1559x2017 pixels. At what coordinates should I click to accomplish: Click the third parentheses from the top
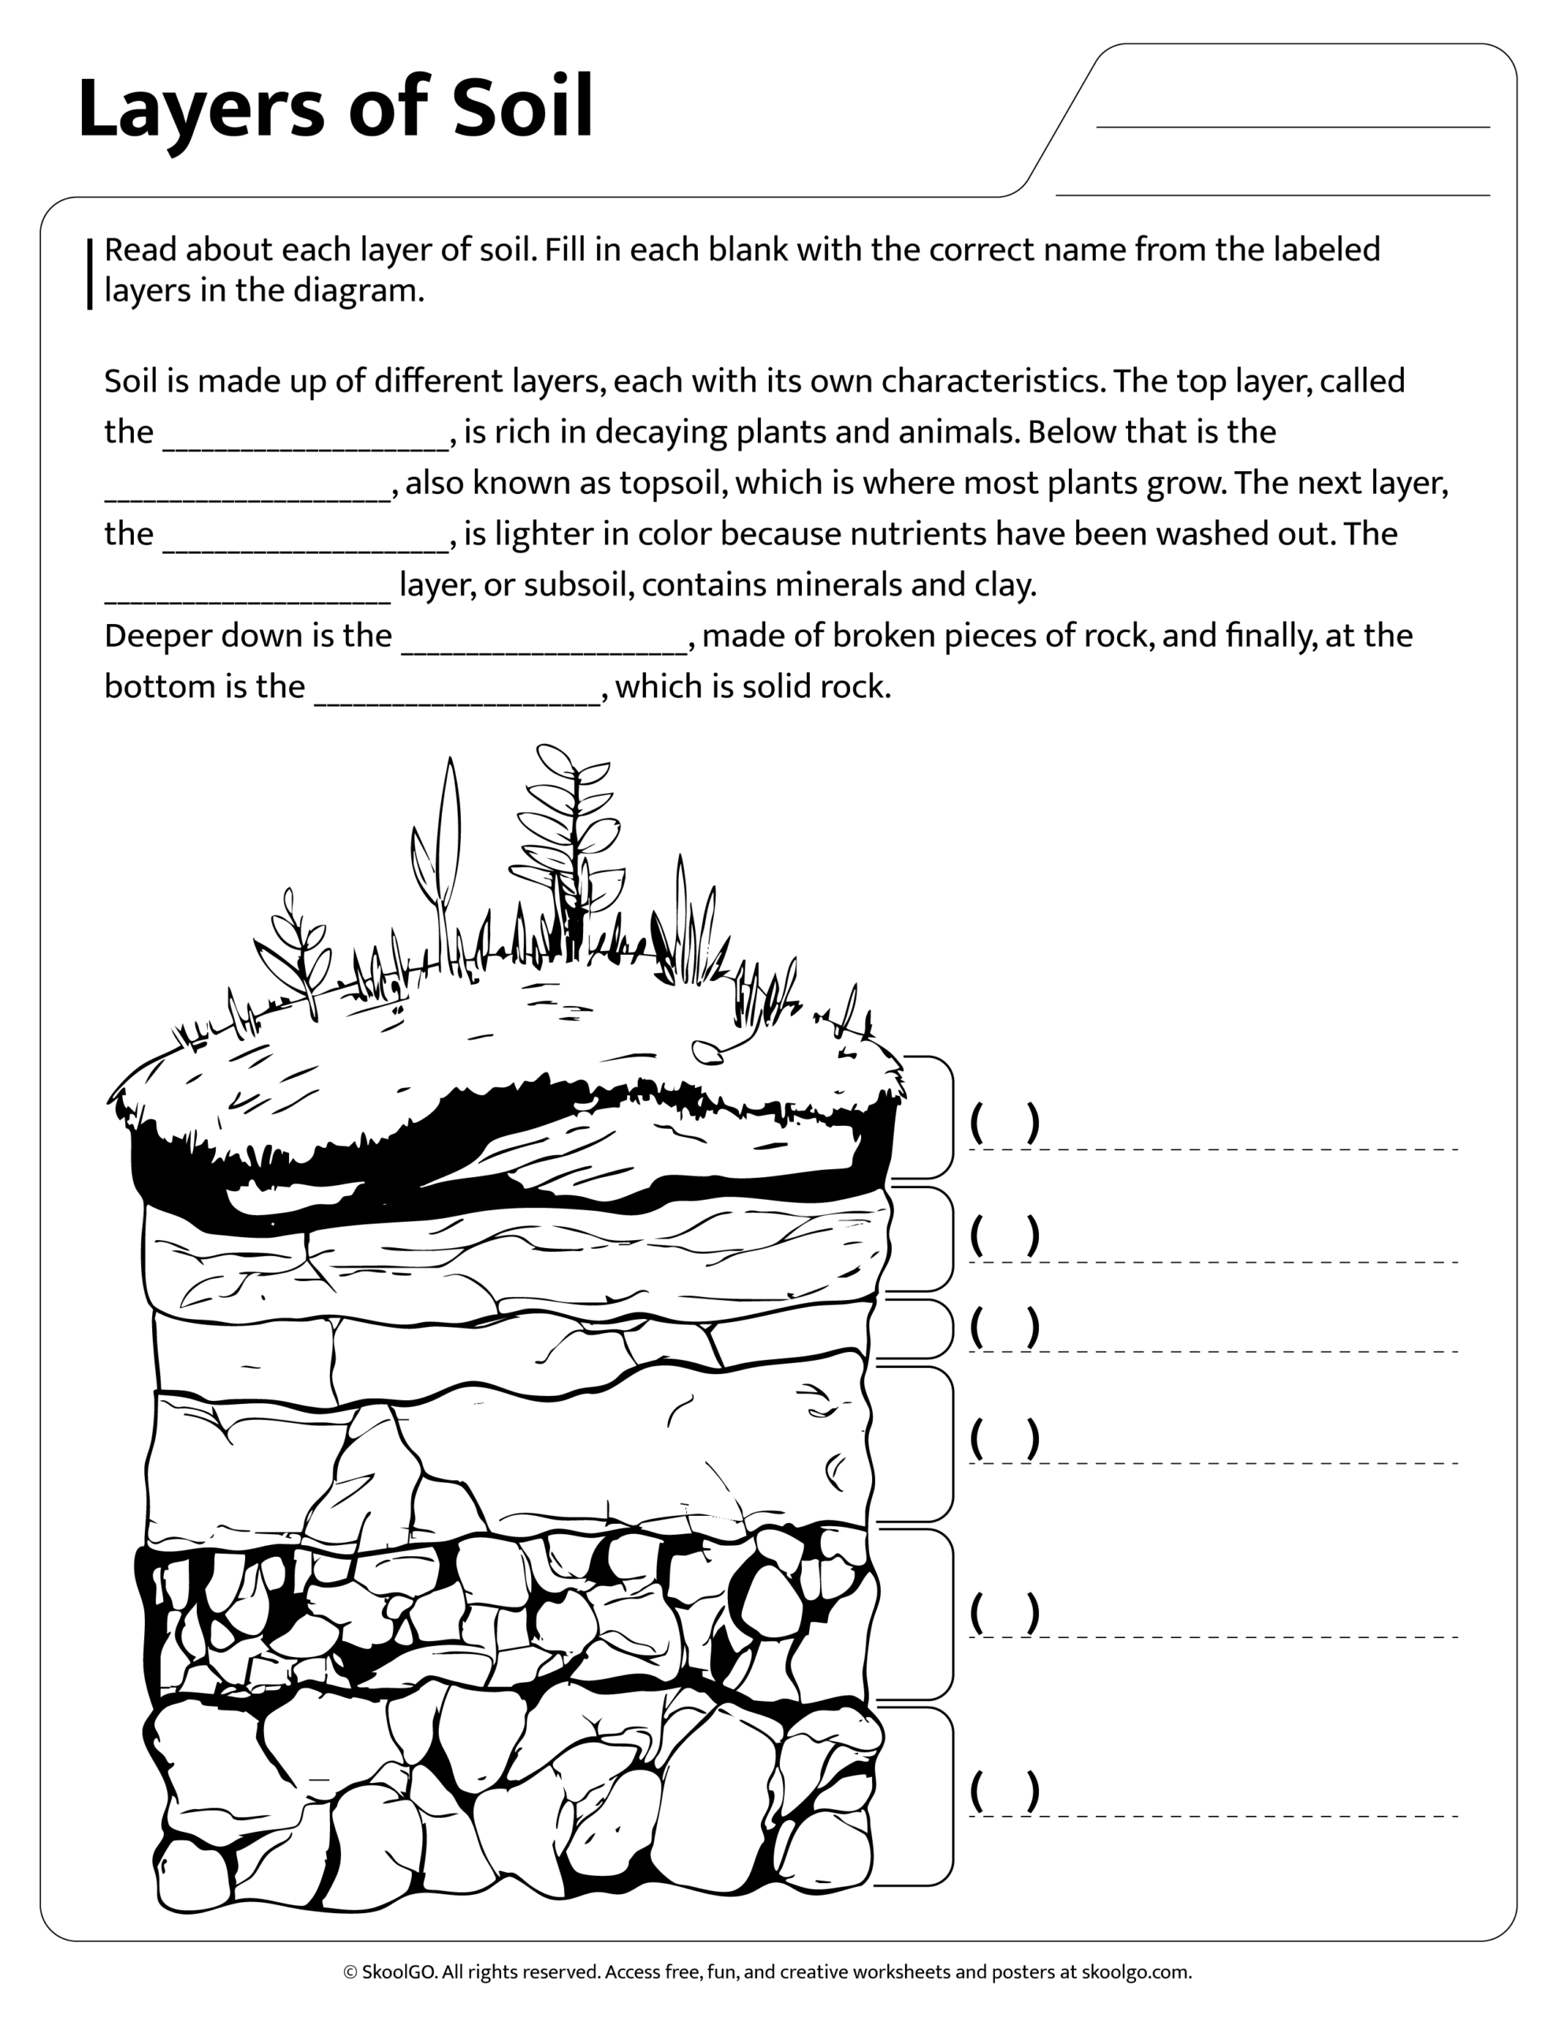(1005, 1326)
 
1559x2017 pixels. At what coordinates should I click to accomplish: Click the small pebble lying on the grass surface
(707, 1050)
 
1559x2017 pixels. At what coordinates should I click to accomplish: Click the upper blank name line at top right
(1292, 125)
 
